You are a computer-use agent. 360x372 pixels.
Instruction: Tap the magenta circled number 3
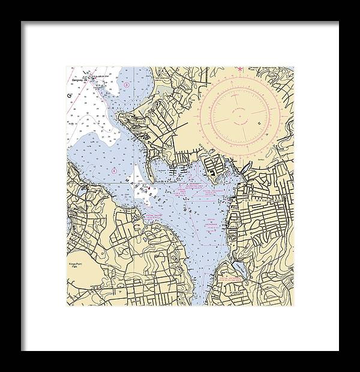127,85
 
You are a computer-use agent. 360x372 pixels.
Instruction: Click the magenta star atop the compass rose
239,70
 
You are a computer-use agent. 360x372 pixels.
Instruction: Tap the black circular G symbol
70,95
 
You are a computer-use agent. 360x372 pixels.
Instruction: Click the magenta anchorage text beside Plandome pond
231,279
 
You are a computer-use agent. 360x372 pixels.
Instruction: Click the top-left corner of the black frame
22,22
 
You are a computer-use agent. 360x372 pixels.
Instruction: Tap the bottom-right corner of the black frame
338,350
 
